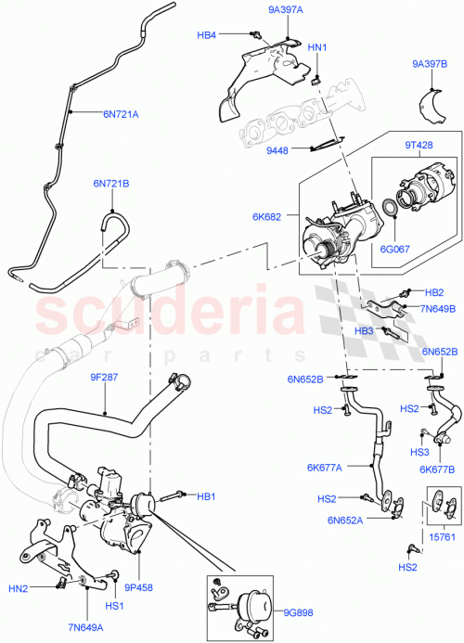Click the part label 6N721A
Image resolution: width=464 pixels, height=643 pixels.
pyautogui.click(x=121, y=115)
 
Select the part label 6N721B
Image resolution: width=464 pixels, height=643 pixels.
pyautogui.click(x=110, y=184)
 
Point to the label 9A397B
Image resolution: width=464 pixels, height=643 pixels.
pyautogui.click(x=430, y=64)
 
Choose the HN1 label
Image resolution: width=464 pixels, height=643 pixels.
pyautogui.click(x=316, y=47)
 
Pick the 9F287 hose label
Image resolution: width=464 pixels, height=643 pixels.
pyautogui.click(x=104, y=378)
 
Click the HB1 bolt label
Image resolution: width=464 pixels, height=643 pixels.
pyautogui.click(x=206, y=496)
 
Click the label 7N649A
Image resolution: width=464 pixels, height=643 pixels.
pyautogui.click(x=85, y=627)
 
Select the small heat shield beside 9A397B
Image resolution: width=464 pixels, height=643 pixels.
pyautogui.click(x=429, y=101)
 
